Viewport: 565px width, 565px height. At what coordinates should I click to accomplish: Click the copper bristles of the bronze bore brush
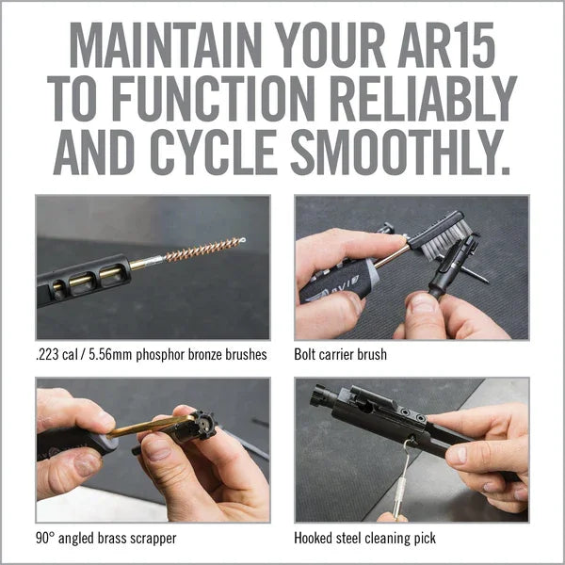[x=202, y=250]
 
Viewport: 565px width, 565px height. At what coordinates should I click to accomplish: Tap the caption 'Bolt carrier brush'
[x=340, y=355]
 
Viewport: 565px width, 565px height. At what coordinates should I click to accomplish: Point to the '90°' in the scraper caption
[x=48, y=539]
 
